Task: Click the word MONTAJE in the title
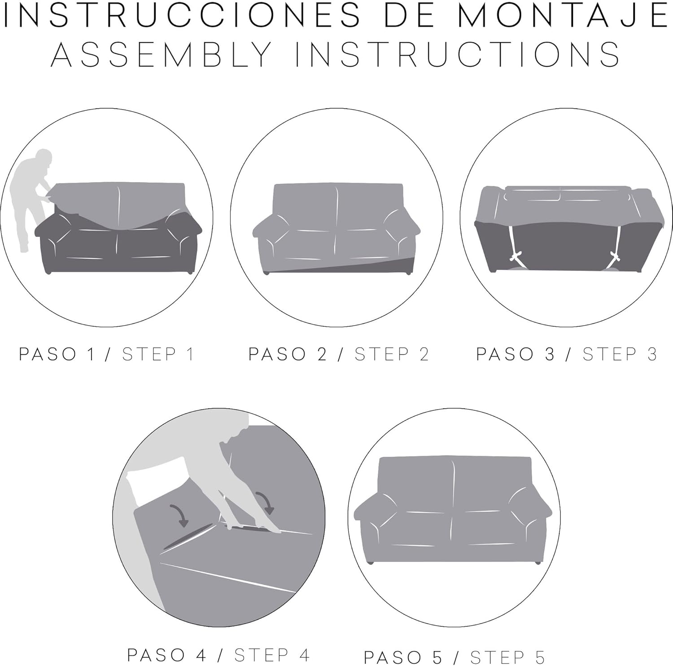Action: point(564,15)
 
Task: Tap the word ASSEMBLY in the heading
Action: point(162,54)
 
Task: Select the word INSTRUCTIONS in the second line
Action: point(458,54)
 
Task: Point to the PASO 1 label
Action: point(57,354)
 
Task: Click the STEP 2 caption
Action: point(392,354)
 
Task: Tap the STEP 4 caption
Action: point(272,655)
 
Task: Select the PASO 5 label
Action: point(403,657)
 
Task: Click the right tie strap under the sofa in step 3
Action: point(618,246)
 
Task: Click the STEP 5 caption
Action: point(507,657)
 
